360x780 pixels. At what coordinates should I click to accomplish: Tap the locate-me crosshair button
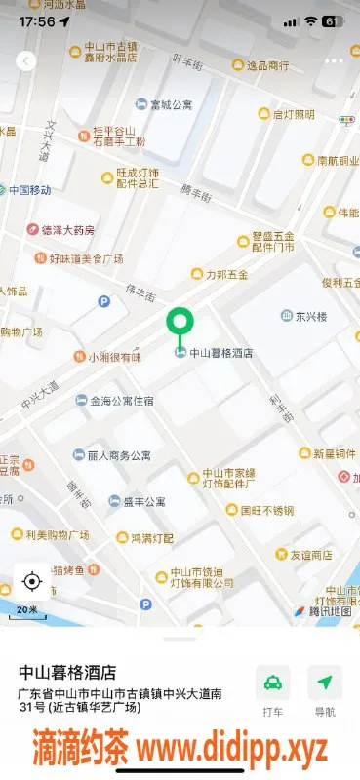(x=31, y=582)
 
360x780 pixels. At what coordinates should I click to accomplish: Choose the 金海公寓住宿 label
(x=121, y=400)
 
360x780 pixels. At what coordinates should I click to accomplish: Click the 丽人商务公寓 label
(x=118, y=455)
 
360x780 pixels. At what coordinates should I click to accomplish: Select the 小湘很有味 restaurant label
(x=114, y=357)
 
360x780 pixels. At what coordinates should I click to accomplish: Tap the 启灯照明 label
(x=293, y=114)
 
